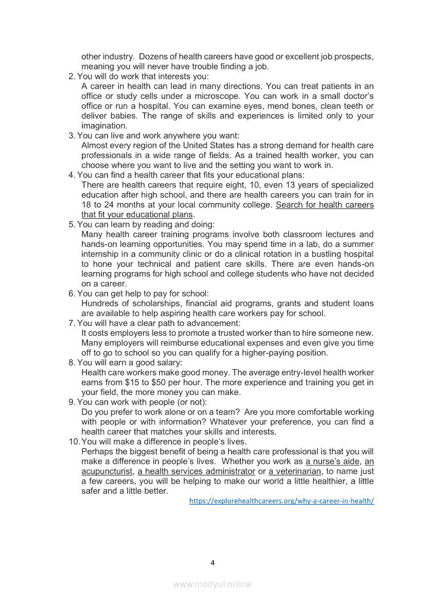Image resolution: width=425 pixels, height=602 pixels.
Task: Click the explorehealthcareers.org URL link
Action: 281,501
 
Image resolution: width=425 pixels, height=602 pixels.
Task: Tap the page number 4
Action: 213,562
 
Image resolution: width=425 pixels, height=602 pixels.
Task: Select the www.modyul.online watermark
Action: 213,584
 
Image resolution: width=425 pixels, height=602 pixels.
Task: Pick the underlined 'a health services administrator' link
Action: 197,471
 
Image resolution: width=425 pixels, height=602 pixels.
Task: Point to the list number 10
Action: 74,441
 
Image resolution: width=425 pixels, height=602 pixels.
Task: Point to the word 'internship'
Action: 100,254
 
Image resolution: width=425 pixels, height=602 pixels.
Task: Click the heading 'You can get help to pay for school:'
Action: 143,294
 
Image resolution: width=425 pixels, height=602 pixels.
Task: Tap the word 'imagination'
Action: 103,126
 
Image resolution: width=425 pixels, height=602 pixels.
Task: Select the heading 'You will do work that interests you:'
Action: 143,76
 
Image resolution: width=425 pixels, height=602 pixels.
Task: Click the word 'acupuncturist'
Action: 107,471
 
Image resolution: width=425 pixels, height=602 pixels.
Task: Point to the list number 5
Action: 72,225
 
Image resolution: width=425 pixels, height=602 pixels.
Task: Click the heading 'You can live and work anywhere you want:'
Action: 158,135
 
